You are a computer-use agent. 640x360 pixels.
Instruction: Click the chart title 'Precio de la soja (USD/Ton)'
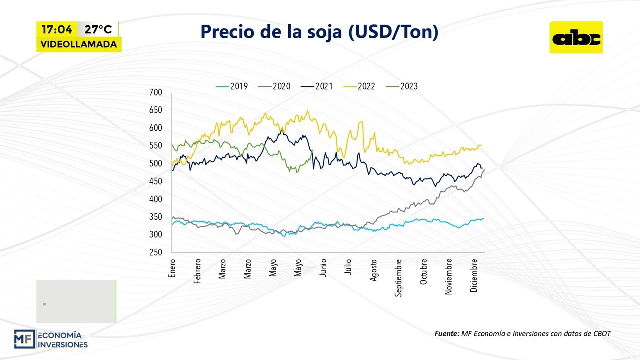pyautogui.click(x=319, y=31)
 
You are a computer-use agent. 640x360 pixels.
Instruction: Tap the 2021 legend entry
pyautogui.click(x=317, y=86)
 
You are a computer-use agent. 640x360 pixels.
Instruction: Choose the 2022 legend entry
pyautogui.click(x=360, y=86)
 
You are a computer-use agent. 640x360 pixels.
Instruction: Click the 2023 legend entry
pyautogui.click(x=402, y=86)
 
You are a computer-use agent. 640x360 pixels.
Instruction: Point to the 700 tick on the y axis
pyautogui.click(x=156, y=93)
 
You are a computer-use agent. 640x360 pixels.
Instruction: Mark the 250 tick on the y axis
pyautogui.click(x=156, y=253)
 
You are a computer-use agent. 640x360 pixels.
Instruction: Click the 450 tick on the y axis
pyautogui.click(x=156, y=182)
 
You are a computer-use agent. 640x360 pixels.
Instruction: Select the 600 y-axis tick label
pyautogui.click(x=156, y=128)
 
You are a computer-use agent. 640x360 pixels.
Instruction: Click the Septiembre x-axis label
pyautogui.click(x=398, y=277)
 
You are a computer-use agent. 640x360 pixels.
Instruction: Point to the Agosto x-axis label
pyautogui.click(x=373, y=270)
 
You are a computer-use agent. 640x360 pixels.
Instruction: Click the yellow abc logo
pyautogui.click(x=576, y=38)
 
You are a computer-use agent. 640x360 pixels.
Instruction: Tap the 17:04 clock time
pyautogui.click(x=56, y=29)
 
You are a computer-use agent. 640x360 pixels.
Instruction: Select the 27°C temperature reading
pyautogui.click(x=98, y=29)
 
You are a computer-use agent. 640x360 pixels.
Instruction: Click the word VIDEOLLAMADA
pyautogui.click(x=79, y=44)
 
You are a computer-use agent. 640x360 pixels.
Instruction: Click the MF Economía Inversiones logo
pyautogui.click(x=51, y=339)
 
